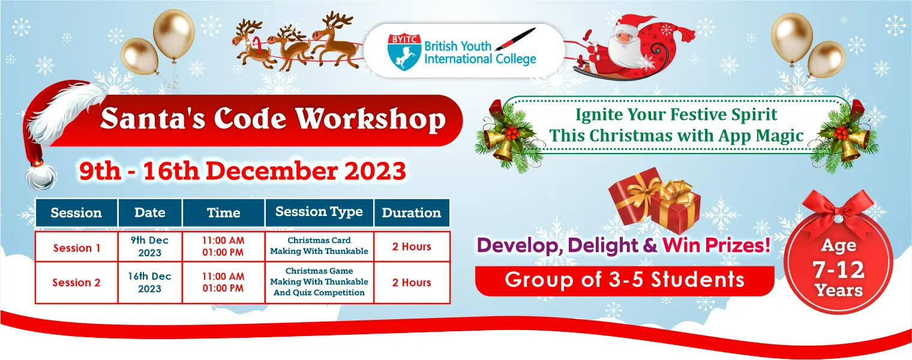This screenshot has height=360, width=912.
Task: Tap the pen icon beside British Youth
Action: point(515,39)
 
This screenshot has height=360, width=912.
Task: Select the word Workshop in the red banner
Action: point(371,119)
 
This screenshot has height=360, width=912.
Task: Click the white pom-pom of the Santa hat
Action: point(41,176)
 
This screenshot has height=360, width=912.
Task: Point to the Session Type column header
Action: point(319,212)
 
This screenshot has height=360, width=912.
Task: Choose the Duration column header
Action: point(411,212)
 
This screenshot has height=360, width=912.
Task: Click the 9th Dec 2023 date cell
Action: point(150,247)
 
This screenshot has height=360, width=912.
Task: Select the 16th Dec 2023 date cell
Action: point(150,282)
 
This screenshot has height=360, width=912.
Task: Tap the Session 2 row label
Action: point(76,282)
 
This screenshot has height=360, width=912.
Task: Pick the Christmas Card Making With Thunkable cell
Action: point(319,246)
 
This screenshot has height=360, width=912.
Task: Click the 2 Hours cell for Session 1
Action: point(412,247)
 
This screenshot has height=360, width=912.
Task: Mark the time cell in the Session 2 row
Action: point(223,282)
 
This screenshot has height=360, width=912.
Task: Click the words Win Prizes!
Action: point(716,245)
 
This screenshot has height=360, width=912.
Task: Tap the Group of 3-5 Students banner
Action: point(625,281)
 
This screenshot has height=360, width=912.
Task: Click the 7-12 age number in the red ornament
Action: point(839,269)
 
